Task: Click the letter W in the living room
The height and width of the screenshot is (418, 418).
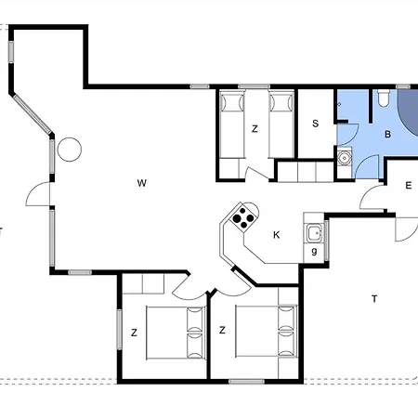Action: pyautogui.click(x=142, y=183)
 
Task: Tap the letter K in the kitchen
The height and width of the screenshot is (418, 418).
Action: pyautogui.click(x=277, y=235)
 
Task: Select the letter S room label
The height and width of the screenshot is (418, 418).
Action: pyautogui.click(x=315, y=124)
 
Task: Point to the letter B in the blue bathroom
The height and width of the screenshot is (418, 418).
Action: pyautogui.click(x=387, y=134)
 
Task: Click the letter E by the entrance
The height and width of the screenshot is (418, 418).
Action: pyautogui.click(x=409, y=186)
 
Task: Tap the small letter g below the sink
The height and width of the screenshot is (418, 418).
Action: pyautogui.click(x=314, y=251)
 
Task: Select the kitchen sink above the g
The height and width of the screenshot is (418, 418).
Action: pyautogui.click(x=314, y=233)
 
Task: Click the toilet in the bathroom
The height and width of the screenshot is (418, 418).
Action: pyautogui.click(x=384, y=98)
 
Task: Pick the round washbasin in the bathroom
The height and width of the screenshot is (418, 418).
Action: pyautogui.click(x=344, y=158)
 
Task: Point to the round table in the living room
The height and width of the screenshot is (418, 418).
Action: pyautogui.click(x=70, y=150)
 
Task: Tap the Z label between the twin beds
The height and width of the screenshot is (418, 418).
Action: pyautogui.click(x=255, y=129)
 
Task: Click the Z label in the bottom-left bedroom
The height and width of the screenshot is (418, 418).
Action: pyautogui.click(x=134, y=333)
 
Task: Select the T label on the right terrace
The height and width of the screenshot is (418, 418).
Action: pyautogui.click(x=374, y=299)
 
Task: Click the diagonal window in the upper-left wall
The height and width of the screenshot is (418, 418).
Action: pyautogui.click(x=33, y=114)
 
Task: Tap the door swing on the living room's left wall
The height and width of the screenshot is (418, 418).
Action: pyautogui.click(x=38, y=194)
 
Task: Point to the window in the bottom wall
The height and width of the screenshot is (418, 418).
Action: pyautogui.click(x=246, y=381)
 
